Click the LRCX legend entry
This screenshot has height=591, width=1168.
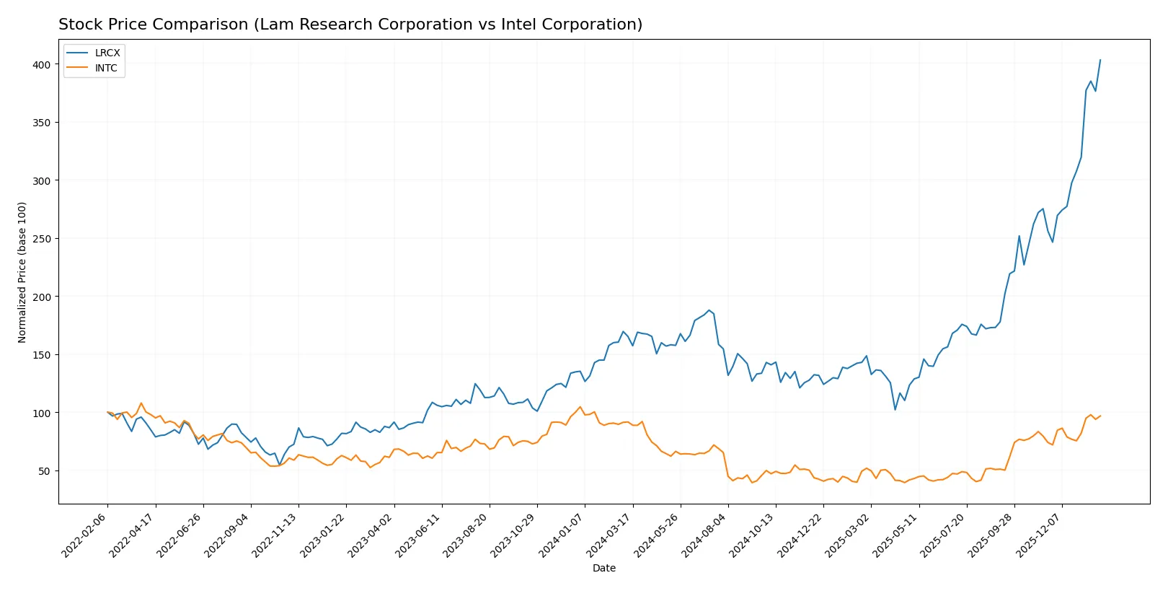107,53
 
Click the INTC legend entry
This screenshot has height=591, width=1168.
105,68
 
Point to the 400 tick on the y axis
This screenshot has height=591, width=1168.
42,65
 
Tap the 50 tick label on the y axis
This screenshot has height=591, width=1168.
45,471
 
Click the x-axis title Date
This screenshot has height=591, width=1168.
603,569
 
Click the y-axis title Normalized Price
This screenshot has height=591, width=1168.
22,272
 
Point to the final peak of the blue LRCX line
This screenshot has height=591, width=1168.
1100,60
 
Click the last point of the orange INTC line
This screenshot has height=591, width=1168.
1100,416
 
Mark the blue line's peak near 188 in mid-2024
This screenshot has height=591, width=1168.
709,310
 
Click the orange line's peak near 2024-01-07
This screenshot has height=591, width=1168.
580,407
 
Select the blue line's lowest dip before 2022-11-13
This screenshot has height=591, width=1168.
280,465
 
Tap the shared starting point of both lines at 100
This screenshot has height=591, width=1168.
107,413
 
